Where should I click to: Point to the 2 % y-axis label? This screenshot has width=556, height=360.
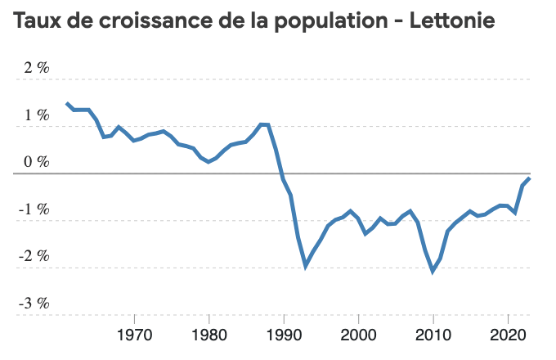click(37, 68)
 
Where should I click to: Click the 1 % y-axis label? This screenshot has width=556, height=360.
click(37, 115)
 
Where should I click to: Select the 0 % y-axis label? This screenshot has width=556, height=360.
click(37, 162)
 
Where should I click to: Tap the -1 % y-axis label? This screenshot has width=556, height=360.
click(35, 209)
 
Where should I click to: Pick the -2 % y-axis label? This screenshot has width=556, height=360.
click(35, 256)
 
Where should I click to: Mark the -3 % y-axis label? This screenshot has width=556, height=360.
click(35, 303)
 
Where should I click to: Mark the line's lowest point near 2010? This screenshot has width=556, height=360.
click(433, 271)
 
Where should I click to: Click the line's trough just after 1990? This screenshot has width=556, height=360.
click(306, 266)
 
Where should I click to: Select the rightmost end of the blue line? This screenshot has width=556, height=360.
click(530, 178)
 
